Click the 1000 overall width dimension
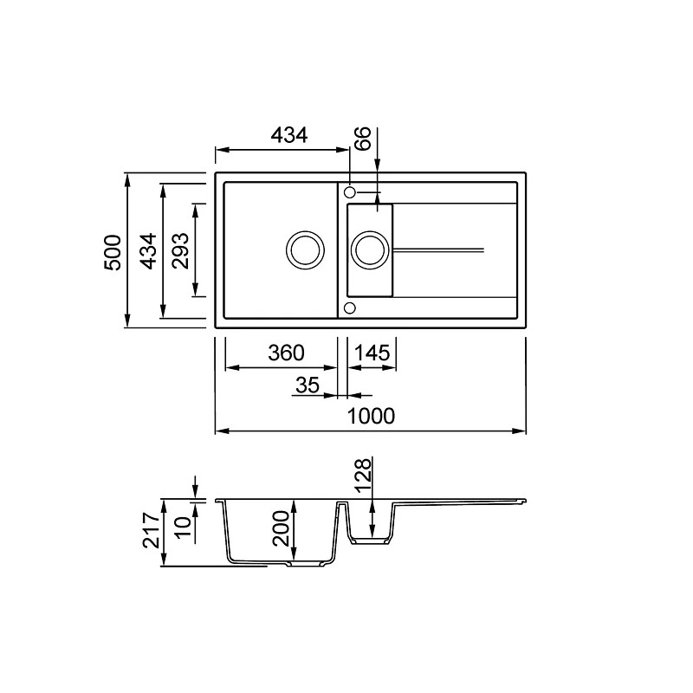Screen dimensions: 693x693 [371, 417]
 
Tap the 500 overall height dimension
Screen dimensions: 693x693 [113, 252]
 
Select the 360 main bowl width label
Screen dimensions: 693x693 [286, 353]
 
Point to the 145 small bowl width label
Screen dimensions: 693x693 [372, 353]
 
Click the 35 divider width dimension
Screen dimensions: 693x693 [308, 385]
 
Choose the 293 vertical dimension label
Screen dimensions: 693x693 [180, 250]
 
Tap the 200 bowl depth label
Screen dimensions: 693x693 [281, 528]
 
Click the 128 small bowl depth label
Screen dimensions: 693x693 [363, 475]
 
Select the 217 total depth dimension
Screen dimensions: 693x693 [151, 530]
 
